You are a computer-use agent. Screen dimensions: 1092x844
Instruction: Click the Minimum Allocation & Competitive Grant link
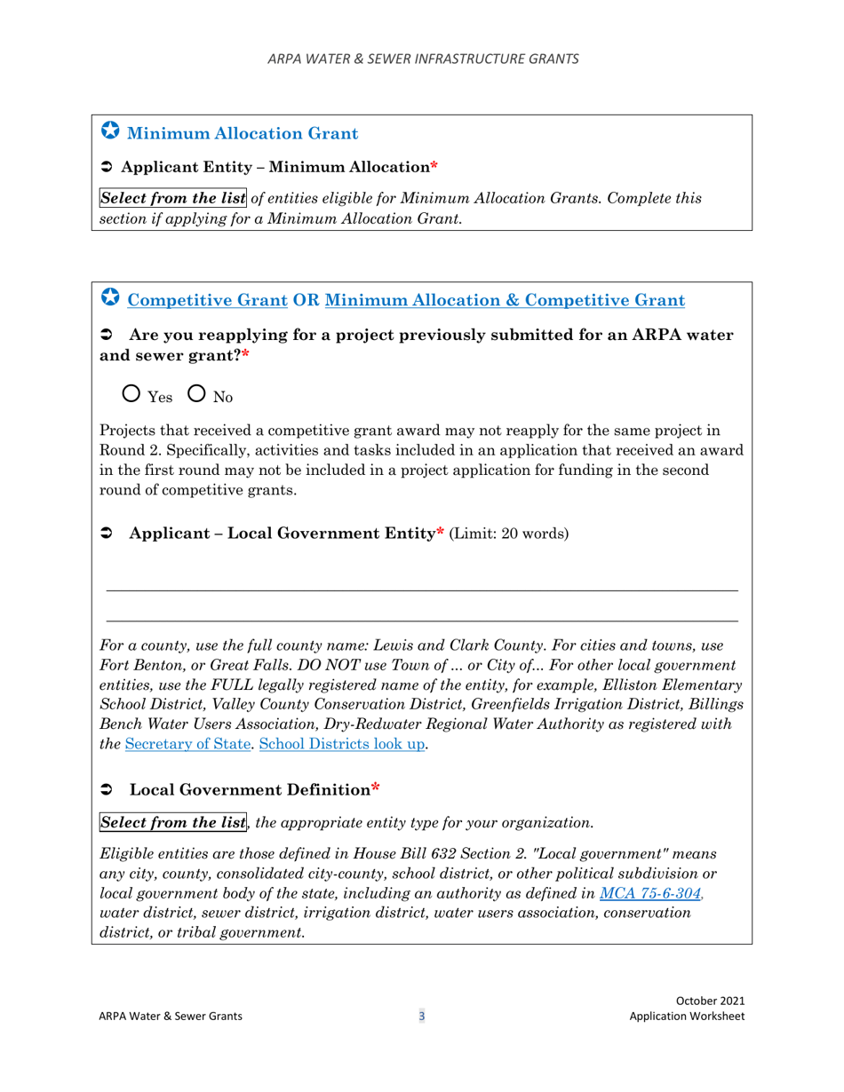pos(505,300)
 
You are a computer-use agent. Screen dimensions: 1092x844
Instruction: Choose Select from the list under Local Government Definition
pos(172,822)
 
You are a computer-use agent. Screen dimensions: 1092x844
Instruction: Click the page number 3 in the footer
pos(422,1017)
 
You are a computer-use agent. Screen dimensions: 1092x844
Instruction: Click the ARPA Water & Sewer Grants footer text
pos(169,1017)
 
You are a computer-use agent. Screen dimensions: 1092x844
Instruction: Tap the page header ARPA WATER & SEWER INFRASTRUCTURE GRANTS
pos(422,59)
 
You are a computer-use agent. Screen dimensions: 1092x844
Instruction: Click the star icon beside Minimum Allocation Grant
pos(108,132)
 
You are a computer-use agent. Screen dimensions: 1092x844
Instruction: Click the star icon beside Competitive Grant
pos(108,298)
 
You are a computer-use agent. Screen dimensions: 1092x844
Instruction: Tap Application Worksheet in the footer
pos(687,1017)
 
